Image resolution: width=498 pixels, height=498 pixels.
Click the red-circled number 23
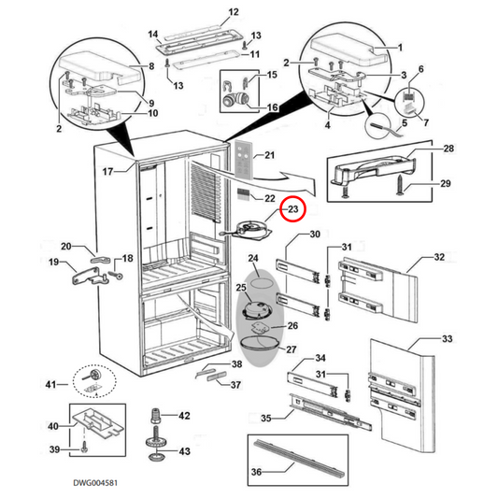coord(292,210)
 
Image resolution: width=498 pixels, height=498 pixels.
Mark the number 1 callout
coord(401,47)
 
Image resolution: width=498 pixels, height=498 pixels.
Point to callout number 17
coord(107,171)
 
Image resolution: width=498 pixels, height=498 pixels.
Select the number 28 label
coord(448,149)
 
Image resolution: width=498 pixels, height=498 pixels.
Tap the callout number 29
coord(448,184)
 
